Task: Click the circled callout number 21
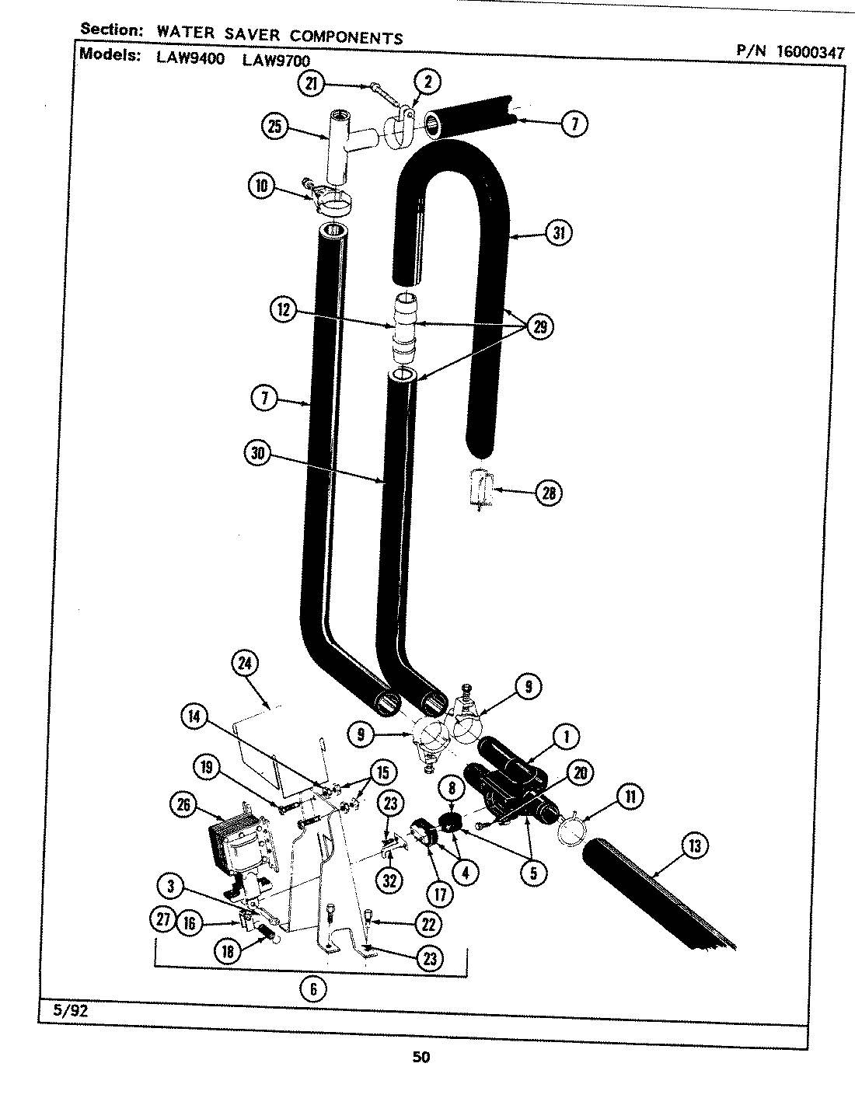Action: (312, 85)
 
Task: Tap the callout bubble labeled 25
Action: (275, 127)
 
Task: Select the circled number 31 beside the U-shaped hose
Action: (558, 232)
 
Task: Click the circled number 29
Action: (539, 326)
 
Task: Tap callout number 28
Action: (549, 492)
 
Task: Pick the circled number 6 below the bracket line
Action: (313, 989)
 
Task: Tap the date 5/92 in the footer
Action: (59, 1013)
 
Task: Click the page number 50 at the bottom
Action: (421, 1056)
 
